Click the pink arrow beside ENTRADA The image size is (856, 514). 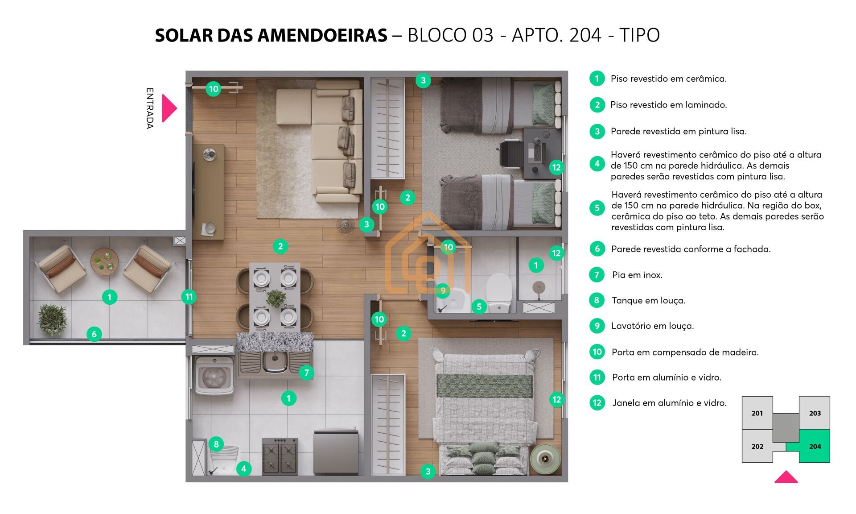pos(169,108)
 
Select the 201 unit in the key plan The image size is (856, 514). pos(757,413)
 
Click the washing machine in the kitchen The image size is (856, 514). pos(214,376)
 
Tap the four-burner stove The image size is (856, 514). pos(280,456)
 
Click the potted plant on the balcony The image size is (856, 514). pos(53,319)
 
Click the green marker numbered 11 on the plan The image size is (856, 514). pos(189,297)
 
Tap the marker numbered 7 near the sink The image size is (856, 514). pos(306,373)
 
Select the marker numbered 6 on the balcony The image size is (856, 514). pos(94,334)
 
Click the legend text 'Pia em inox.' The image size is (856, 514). pos(637,275)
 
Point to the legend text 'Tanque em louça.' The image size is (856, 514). pos(649,300)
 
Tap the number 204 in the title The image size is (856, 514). pos(585,35)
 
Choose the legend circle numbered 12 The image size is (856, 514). pos(597,403)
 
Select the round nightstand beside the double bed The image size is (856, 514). pos(545,458)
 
